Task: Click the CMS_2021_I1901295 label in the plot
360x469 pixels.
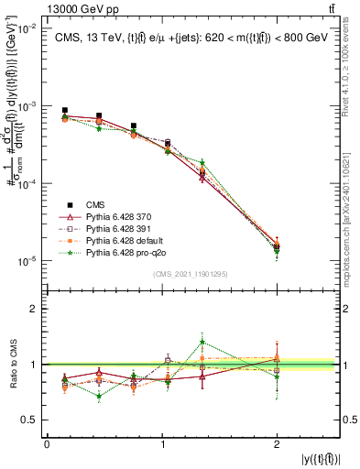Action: (x=191, y=273)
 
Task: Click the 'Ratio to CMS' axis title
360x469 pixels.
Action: (x=14, y=364)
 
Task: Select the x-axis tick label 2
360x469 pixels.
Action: (x=277, y=444)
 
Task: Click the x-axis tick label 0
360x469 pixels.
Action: (x=48, y=444)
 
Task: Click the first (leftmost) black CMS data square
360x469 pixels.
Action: (x=64, y=110)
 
